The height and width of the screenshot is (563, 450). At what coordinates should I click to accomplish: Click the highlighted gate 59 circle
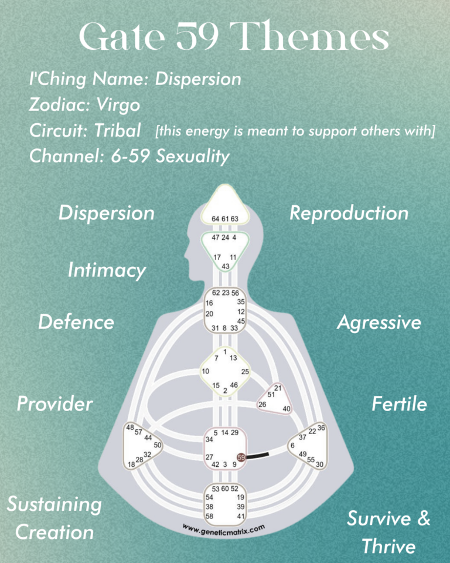pos(241,457)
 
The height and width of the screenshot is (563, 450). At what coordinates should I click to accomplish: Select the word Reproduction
pos(349,213)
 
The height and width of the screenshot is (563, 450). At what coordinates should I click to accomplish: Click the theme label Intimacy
pos(106,270)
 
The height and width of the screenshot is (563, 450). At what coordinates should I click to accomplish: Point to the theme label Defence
pos(76,322)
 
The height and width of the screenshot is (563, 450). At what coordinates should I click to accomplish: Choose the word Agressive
pos(379,323)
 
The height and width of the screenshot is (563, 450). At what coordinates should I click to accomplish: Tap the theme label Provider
pos(54,403)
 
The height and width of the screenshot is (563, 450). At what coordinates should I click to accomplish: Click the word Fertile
pos(399,404)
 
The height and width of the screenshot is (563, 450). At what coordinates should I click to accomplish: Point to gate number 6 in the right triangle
pos(292,446)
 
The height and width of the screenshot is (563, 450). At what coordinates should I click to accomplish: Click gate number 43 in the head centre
pos(226,266)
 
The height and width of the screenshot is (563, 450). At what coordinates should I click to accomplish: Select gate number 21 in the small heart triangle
pos(278,388)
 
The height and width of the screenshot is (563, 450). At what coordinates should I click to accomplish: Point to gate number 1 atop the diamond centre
pos(225,351)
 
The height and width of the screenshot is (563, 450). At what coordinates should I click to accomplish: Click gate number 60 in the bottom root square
pos(225,489)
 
